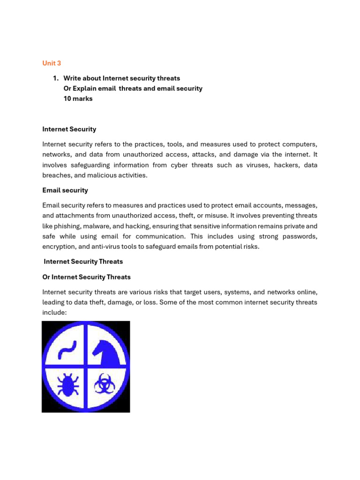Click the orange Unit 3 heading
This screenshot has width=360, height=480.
point(52,63)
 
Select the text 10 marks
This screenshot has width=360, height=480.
point(78,99)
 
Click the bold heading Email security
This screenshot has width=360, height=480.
point(65,190)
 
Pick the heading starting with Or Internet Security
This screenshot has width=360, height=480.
point(86,277)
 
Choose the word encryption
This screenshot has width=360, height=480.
point(60,247)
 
